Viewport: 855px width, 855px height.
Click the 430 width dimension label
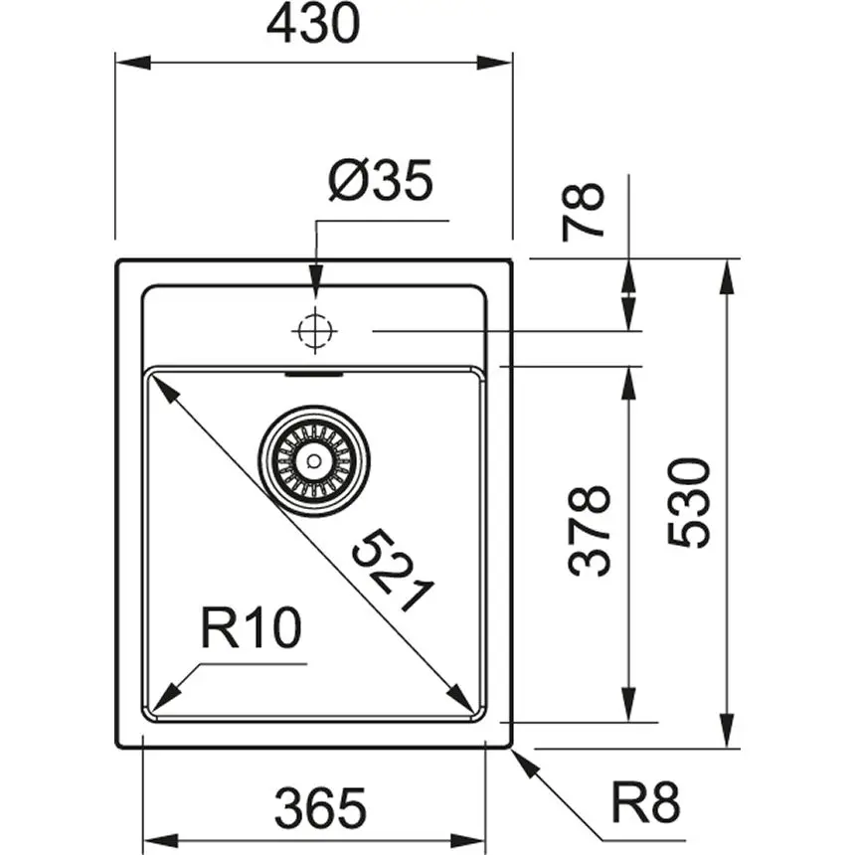[312, 24]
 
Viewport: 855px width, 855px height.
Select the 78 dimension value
[585, 211]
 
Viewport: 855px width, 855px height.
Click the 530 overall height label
[689, 502]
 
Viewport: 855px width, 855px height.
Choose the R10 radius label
[250, 628]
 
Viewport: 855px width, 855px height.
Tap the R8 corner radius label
[645, 803]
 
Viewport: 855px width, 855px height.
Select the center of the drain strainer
[314, 460]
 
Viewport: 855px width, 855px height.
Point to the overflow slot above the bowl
[314, 376]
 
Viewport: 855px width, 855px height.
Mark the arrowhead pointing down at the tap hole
[314, 279]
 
